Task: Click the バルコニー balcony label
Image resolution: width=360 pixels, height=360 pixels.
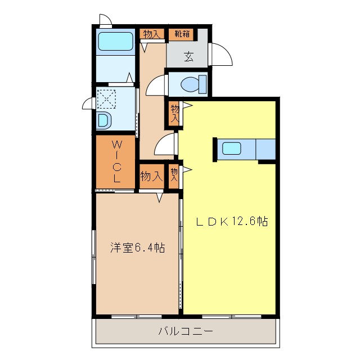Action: pyautogui.click(x=186, y=332)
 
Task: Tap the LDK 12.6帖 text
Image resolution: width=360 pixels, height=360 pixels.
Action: pyautogui.click(x=231, y=222)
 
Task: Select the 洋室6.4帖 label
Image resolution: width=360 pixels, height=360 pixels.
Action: pyautogui.click(x=137, y=247)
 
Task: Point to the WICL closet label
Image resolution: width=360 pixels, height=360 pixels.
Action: pyautogui.click(x=116, y=162)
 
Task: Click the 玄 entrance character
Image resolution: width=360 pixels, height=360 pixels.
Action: pyautogui.click(x=188, y=56)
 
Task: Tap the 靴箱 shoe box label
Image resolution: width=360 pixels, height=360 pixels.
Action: pyautogui.click(x=181, y=34)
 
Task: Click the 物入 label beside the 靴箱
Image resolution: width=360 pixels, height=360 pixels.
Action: pyautogui.click(x=151, y=34)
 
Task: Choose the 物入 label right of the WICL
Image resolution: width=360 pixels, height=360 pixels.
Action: pyautogui.click(x=151, y=176)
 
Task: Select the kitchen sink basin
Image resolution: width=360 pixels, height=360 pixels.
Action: pyautogui.click(x=232, y=149)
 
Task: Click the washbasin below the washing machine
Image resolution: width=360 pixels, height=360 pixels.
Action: pyautogui.click(x=103, y=120)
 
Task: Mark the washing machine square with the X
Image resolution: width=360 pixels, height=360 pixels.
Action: pyautogui.click(x=106, y=98)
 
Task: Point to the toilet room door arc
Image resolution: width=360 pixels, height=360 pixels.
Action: pyautogui.click(x=155, y=87)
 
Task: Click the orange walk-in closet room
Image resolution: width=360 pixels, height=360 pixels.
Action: pyautogui.click(x=115, y=163)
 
